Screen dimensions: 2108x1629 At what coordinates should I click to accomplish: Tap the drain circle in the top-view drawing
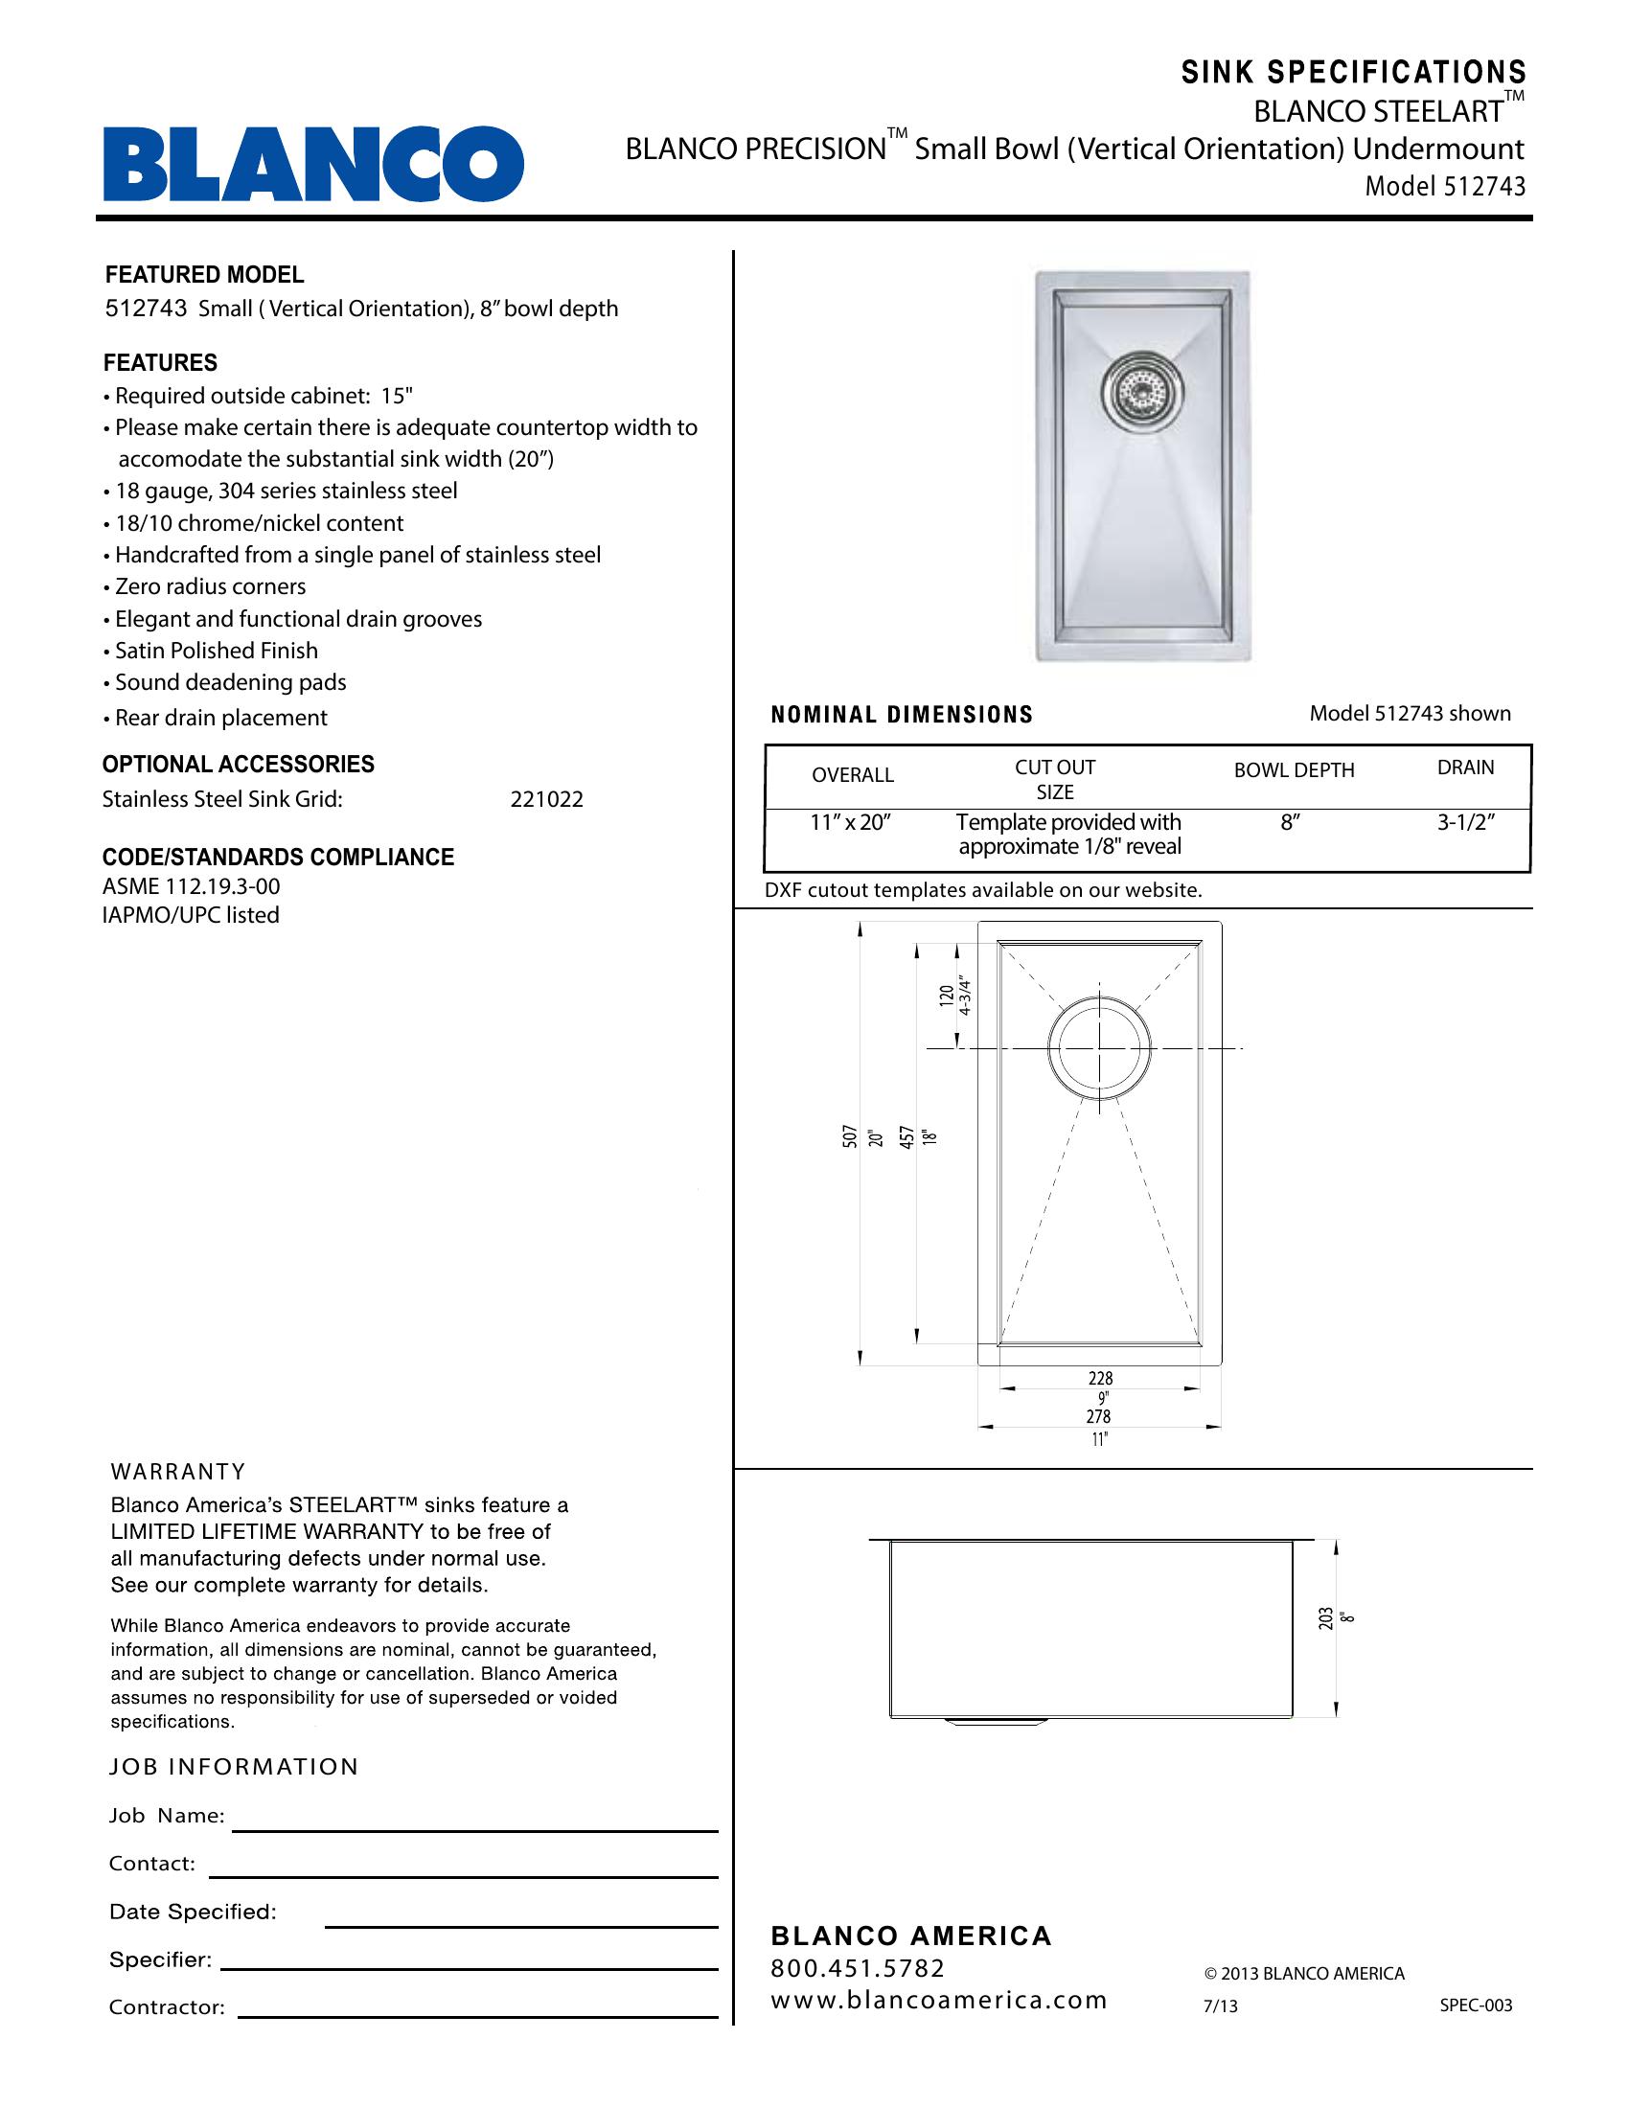(1099, 1047)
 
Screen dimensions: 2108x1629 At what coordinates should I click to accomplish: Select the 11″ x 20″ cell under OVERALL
(849, 823)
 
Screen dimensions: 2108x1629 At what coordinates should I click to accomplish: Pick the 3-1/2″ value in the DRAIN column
(1465, 823)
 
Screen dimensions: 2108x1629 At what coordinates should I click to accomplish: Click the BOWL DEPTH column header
(1294, 770)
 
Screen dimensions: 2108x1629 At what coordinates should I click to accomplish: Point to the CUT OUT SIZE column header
(1055, 779)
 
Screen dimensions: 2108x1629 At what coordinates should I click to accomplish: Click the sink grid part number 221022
(546, 799)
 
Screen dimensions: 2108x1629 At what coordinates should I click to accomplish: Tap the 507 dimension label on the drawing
(850, 1136)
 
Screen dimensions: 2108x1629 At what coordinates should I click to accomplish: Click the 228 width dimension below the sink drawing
(1100, 1377)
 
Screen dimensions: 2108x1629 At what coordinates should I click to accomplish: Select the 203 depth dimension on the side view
(1326, 1618)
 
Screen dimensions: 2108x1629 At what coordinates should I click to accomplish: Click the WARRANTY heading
(178, 1472)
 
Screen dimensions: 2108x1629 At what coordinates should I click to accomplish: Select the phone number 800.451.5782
(857, 1968)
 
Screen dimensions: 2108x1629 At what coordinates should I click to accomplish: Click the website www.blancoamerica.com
(938, 2000)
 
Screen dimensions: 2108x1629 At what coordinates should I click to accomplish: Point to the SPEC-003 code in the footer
(1476, 2005)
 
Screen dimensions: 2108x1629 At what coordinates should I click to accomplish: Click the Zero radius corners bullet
(210, 586)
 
